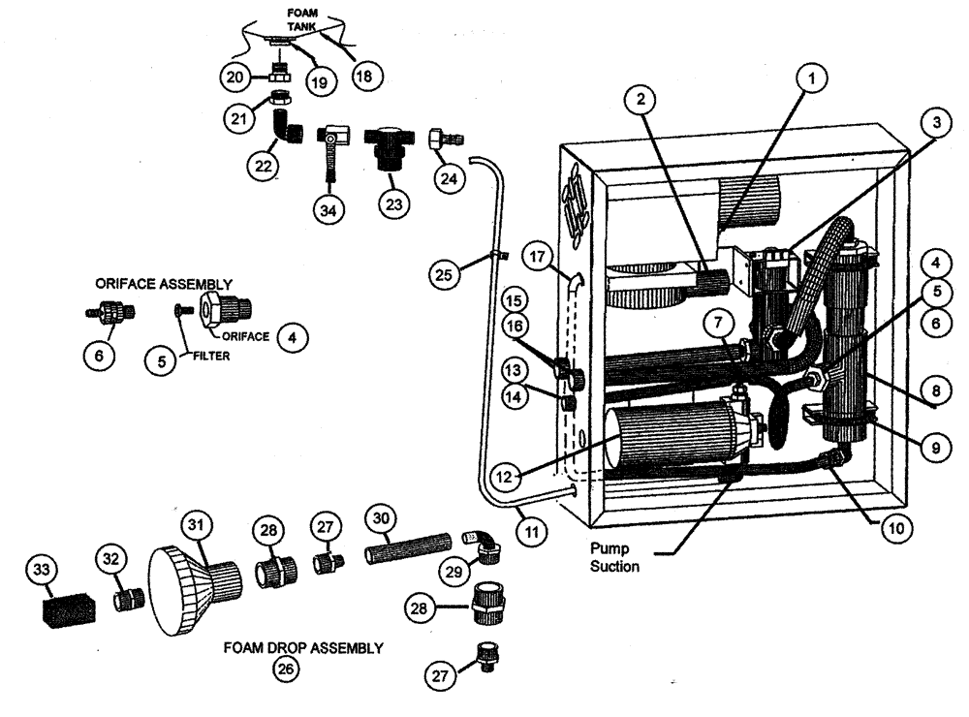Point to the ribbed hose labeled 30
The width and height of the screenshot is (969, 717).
[x=408, y=553]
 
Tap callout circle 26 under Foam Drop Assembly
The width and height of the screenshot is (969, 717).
[x=284, y=669]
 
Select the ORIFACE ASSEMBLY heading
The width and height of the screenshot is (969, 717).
[x=163, y=284]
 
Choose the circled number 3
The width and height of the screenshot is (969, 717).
[x=930, y=123]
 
